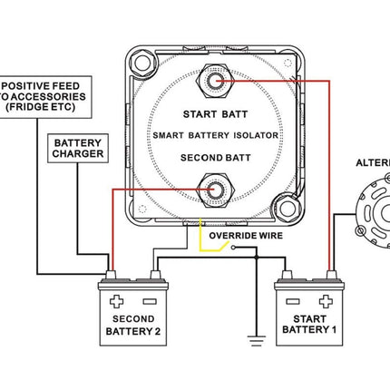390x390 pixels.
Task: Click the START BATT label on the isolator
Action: pyautogui.click(x=214, y=114)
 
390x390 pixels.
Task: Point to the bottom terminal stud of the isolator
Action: pyautogui.click(x=215, y=190)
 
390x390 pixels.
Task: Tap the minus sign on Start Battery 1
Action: pyautogui.click(x=291, y=301)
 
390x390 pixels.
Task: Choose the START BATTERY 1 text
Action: pyautogui.click(x=312, y=326)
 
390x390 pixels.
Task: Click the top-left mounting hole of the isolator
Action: pyautogui.click(x=141, y=65)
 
